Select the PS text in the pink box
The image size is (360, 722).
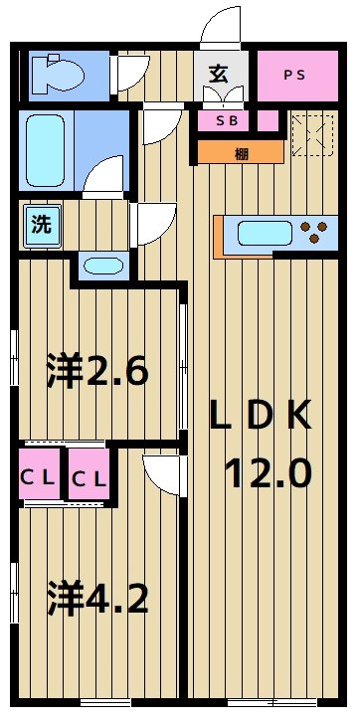tap(294, 75)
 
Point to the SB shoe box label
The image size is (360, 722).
tap(228, 121)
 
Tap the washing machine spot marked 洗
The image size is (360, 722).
tap(41, 225)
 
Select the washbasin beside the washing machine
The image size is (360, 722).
tap(101, 266)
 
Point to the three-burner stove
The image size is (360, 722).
tap(316, 235)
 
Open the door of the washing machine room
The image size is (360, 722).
tap(151, 224)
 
